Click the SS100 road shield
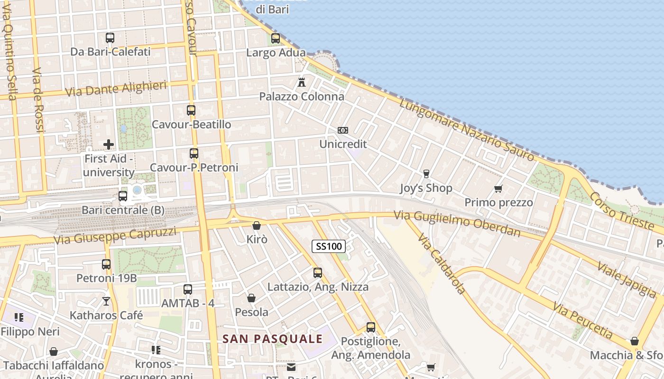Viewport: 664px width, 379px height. click(328, 246)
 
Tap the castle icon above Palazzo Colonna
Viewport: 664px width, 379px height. click(301, 82)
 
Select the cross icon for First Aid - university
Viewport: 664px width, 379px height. click(109, 144)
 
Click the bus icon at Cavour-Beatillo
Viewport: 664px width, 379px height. click(191, 110)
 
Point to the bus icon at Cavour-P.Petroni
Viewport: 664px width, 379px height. click(194, 153)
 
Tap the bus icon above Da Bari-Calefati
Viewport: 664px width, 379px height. click(110, 37)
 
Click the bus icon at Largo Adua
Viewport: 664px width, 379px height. click(276, 38)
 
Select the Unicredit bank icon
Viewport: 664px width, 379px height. click(342, 130)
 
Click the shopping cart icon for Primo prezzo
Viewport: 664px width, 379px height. click(498, 189)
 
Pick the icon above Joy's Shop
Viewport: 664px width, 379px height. click(426, 174)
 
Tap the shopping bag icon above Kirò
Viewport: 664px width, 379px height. click(257, 226)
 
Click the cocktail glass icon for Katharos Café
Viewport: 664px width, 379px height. click(106, 301)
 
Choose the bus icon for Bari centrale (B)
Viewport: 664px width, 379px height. click(123, 196)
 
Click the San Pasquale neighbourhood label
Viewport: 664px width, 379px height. click(273, 339)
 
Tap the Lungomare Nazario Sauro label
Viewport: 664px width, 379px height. click(466, 129)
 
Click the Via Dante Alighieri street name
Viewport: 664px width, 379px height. click(116, 88)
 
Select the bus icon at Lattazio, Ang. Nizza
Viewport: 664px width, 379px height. click(318, 273)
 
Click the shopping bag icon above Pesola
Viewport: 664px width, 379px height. click(251, 298)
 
